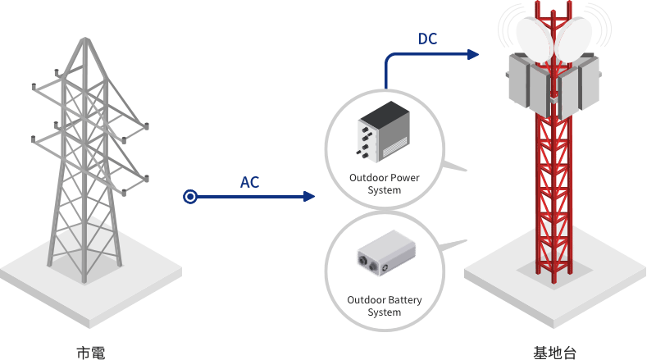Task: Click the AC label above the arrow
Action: coord(249,182)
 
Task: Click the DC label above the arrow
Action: coord(427,39)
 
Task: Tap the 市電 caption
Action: coord(91,353)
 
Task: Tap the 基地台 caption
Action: coord(555,353)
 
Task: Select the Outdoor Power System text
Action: coord(385,184)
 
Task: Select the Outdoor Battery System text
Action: coord(385,306)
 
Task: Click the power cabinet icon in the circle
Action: coord(384,131)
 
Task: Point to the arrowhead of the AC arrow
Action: coord(310,197)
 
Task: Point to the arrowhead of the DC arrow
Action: coord(473,55)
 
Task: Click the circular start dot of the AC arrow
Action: coord(190,197)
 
